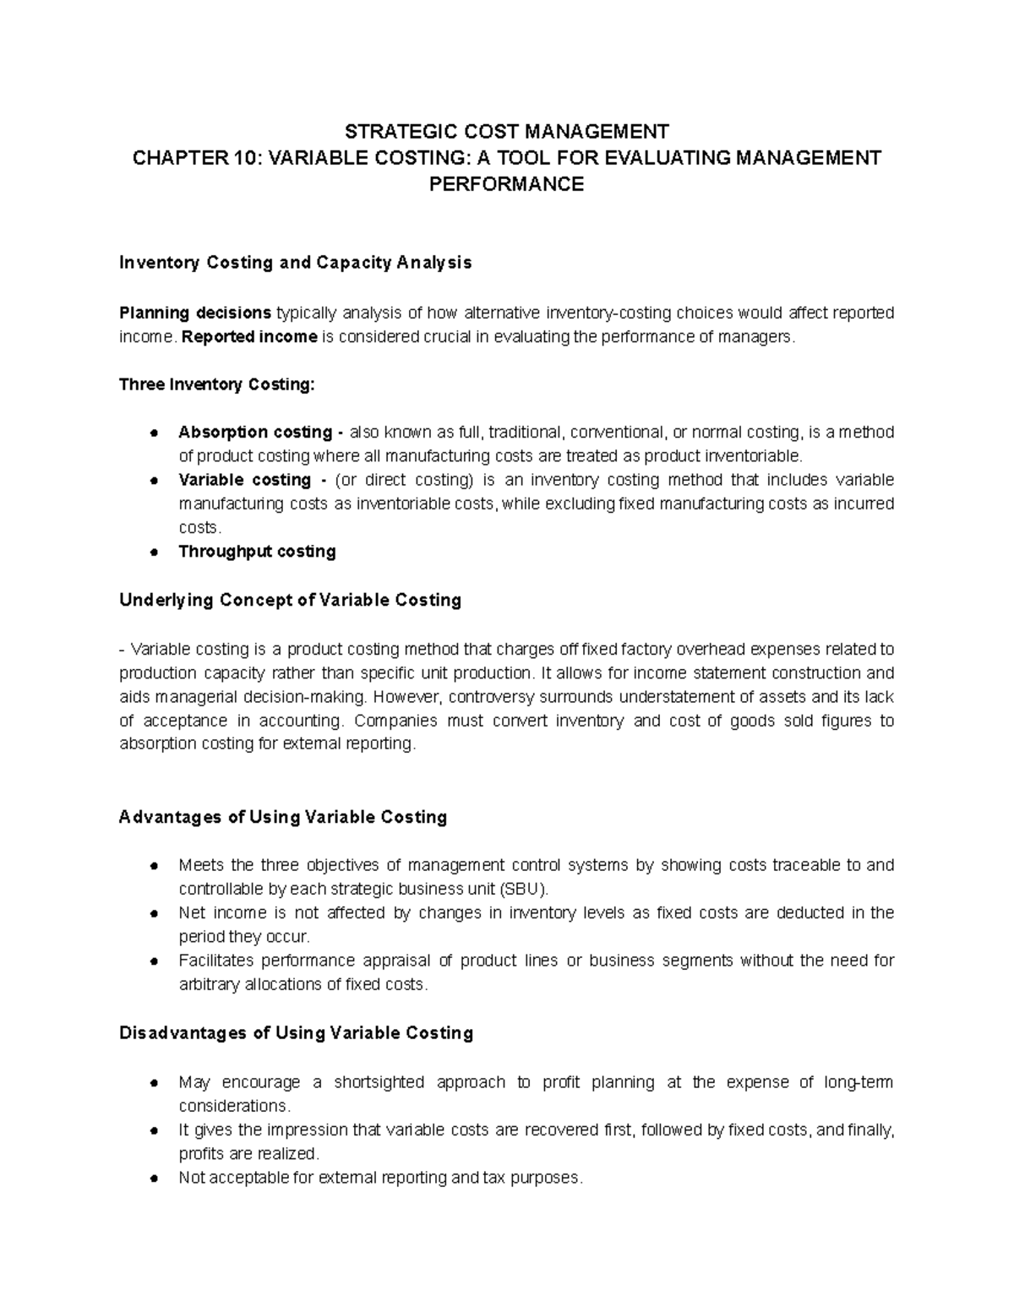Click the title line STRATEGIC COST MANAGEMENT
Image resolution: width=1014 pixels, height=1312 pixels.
[507, 131]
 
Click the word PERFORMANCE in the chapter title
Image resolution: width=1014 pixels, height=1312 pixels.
[507, 184]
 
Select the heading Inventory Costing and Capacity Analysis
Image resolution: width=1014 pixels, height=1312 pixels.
[295, 263]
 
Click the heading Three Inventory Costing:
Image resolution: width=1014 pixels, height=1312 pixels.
[216, 384]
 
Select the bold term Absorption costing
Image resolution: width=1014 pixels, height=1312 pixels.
[255, 433]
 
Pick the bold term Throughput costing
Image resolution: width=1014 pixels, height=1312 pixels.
[257, 552]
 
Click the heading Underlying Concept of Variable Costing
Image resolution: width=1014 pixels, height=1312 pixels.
[290, 601]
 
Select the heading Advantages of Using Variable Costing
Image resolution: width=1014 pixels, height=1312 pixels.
[283, 817]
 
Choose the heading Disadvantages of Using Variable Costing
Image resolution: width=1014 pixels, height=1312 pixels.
[296, 1033]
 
